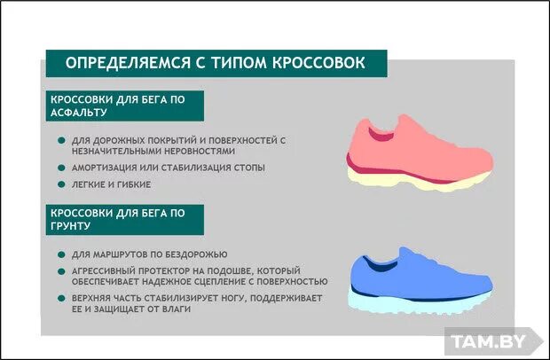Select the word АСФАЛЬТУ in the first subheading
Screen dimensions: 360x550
pos(79,113)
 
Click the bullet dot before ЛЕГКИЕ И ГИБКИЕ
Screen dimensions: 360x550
pos(60,184)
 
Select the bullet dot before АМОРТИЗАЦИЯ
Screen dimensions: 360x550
pos(60,167)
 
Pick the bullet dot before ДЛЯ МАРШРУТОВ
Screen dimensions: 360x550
pos(60,254)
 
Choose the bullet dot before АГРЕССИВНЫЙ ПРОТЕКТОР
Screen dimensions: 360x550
pos(60,270)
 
